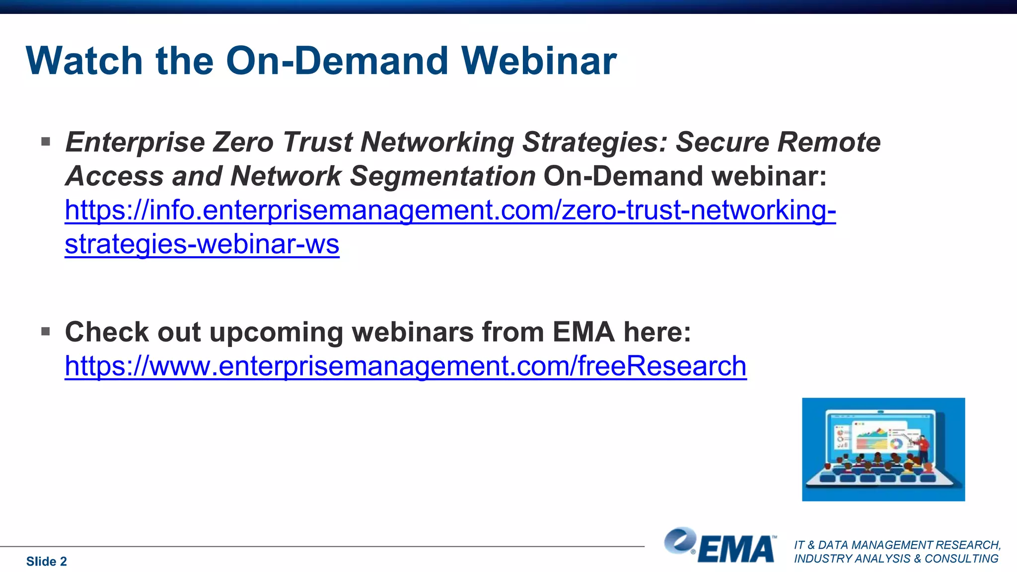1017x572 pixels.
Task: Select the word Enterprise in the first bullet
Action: pos(135,143)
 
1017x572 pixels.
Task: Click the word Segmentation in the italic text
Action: pos(442,176)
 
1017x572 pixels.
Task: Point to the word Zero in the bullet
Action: pos(243,143)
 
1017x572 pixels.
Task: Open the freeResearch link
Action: pos(405,366)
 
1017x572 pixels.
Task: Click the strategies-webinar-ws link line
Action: pos(202,244)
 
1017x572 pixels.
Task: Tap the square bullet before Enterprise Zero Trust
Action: pos(46,142)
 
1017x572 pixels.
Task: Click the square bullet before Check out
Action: pos(46,331)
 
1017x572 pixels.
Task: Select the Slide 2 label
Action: pos(46,561)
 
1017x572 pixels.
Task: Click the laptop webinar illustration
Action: pos(883,449)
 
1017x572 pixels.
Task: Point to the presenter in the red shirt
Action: pos(923,447)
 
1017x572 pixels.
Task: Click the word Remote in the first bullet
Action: pos(829,143)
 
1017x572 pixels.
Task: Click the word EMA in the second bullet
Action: pos(583,332)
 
